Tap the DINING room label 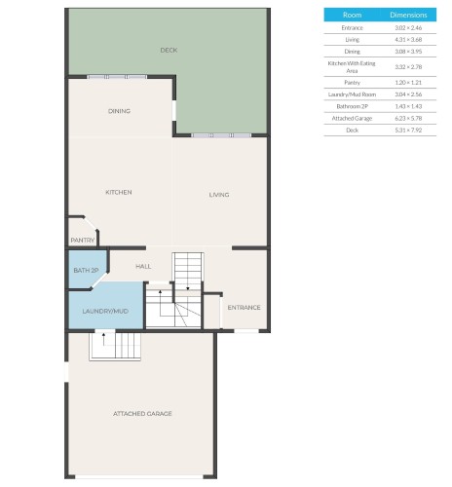pos(119,111)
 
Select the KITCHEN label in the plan pos(118,192)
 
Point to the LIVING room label pos(219,195)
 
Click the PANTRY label pos(82,240)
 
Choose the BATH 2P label pos(85,270)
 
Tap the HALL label pos(143,265)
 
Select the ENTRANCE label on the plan pos(244,308)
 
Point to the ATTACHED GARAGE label pos(142,414)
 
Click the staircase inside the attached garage pos(115,345)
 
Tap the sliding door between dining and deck pos(117,77)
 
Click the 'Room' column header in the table pos(353,16)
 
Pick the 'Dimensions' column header pos(408,16)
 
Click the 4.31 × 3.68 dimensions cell pos(408,39)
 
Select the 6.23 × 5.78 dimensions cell pos(408,117)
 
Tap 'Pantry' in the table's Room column pos(353,83)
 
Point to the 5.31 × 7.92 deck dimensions pos(408,129)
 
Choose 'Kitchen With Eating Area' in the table pos(353,66)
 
